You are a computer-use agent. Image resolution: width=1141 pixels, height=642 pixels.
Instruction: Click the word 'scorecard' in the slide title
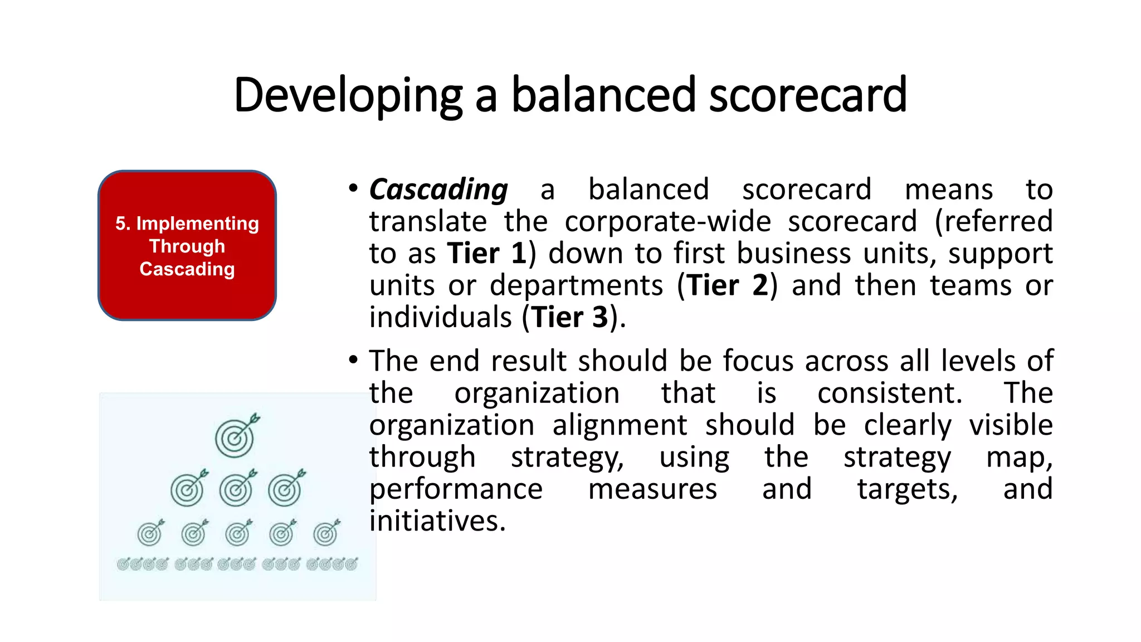point(807,95)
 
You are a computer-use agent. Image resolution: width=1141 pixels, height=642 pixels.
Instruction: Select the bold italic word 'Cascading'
point(438,190)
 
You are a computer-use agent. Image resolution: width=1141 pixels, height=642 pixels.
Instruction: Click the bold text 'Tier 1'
point(487,254)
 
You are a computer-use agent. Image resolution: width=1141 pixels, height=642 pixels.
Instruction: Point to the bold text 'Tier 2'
point(727,285)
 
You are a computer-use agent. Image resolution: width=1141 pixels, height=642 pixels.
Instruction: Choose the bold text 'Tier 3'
point(569,318)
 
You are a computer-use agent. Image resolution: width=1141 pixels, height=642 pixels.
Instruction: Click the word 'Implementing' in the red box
point(197,223)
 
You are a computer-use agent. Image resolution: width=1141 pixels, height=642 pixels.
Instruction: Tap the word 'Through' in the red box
point(187,246)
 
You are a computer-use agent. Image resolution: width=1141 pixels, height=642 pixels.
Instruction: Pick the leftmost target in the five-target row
point(150,533)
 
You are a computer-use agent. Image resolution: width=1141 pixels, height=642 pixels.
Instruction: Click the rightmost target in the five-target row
point(326,533)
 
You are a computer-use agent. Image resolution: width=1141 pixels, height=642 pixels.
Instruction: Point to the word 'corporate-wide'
point(668,222)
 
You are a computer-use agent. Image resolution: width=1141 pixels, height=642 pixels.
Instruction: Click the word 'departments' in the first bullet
point(576,286)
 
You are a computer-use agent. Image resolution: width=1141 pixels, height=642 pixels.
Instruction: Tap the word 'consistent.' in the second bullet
point(890,393)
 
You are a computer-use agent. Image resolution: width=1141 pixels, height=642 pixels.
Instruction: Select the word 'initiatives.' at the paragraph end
point(437,521)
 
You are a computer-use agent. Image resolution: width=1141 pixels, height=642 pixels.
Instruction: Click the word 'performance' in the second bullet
point(456,489)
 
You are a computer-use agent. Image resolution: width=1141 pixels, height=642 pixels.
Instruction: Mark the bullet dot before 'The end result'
point(353,359)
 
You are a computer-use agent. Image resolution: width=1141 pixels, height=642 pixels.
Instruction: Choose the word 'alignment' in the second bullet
point(620,425)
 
